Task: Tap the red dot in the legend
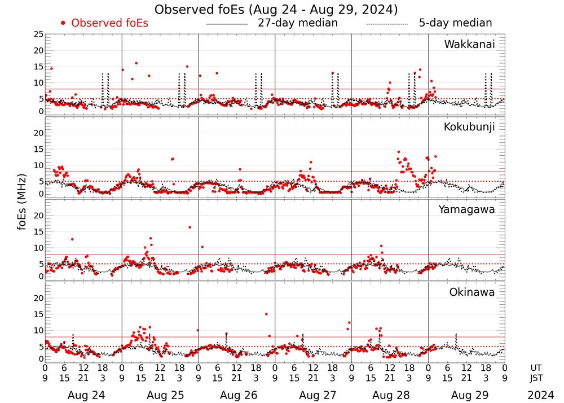tap(64, 23)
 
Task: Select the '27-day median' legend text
tap(298, 23)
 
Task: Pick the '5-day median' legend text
tap(455, 23)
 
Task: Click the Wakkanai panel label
tap(469, 45)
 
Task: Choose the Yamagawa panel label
tap(467, 209)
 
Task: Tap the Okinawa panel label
tap(472, 292)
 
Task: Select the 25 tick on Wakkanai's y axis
tap(38, 34)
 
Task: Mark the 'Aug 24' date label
tap(83, 396)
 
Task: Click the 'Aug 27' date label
tap(313, 396)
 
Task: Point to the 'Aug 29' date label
tap(466, 396)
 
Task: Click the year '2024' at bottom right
tap(541, 396)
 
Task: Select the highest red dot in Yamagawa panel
tap(190, 227)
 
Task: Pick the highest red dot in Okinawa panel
tap(266, 314)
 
